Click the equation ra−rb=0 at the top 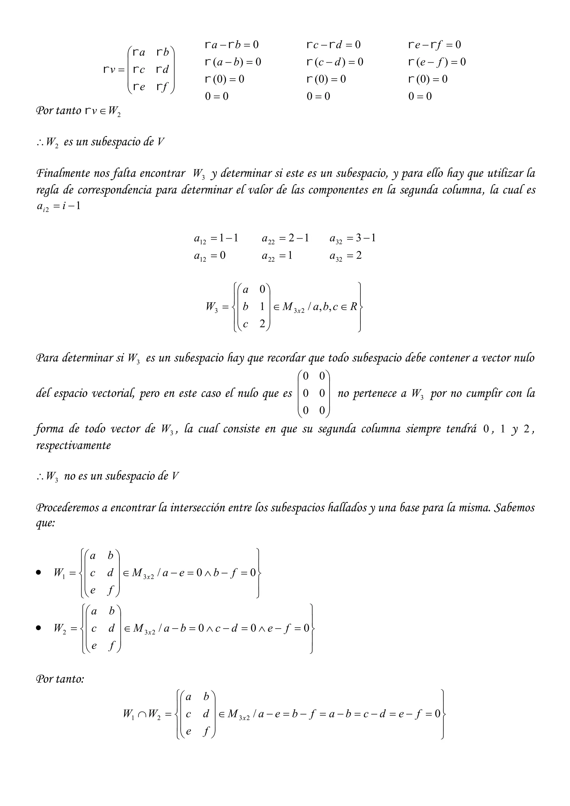click(x=231, y=45)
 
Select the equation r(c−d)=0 click(x=335, y=62)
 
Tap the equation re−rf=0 click(x=434, y=45)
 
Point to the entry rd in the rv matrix click(x=163, y=69)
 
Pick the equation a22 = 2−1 click(x=285, y=238)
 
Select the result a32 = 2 click(x=345, y=255)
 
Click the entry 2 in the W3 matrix click(x=262, y=324)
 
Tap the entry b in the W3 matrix click(x=245, y=306)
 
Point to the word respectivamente click(x=73, y=446)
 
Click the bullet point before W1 click(x=39, y=573)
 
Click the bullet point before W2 click(x=39, y=628)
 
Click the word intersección click(x=198, y=508)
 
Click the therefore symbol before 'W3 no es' click(x=39, y=477)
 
